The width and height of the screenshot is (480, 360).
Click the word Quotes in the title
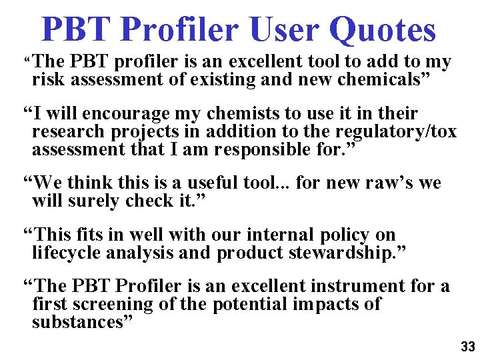click(x=383, y=29)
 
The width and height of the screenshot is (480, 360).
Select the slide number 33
click(x=468, y=347)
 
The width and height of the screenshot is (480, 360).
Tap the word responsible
click(x=294, y=149)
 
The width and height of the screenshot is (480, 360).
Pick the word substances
click(x=80, y=322)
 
